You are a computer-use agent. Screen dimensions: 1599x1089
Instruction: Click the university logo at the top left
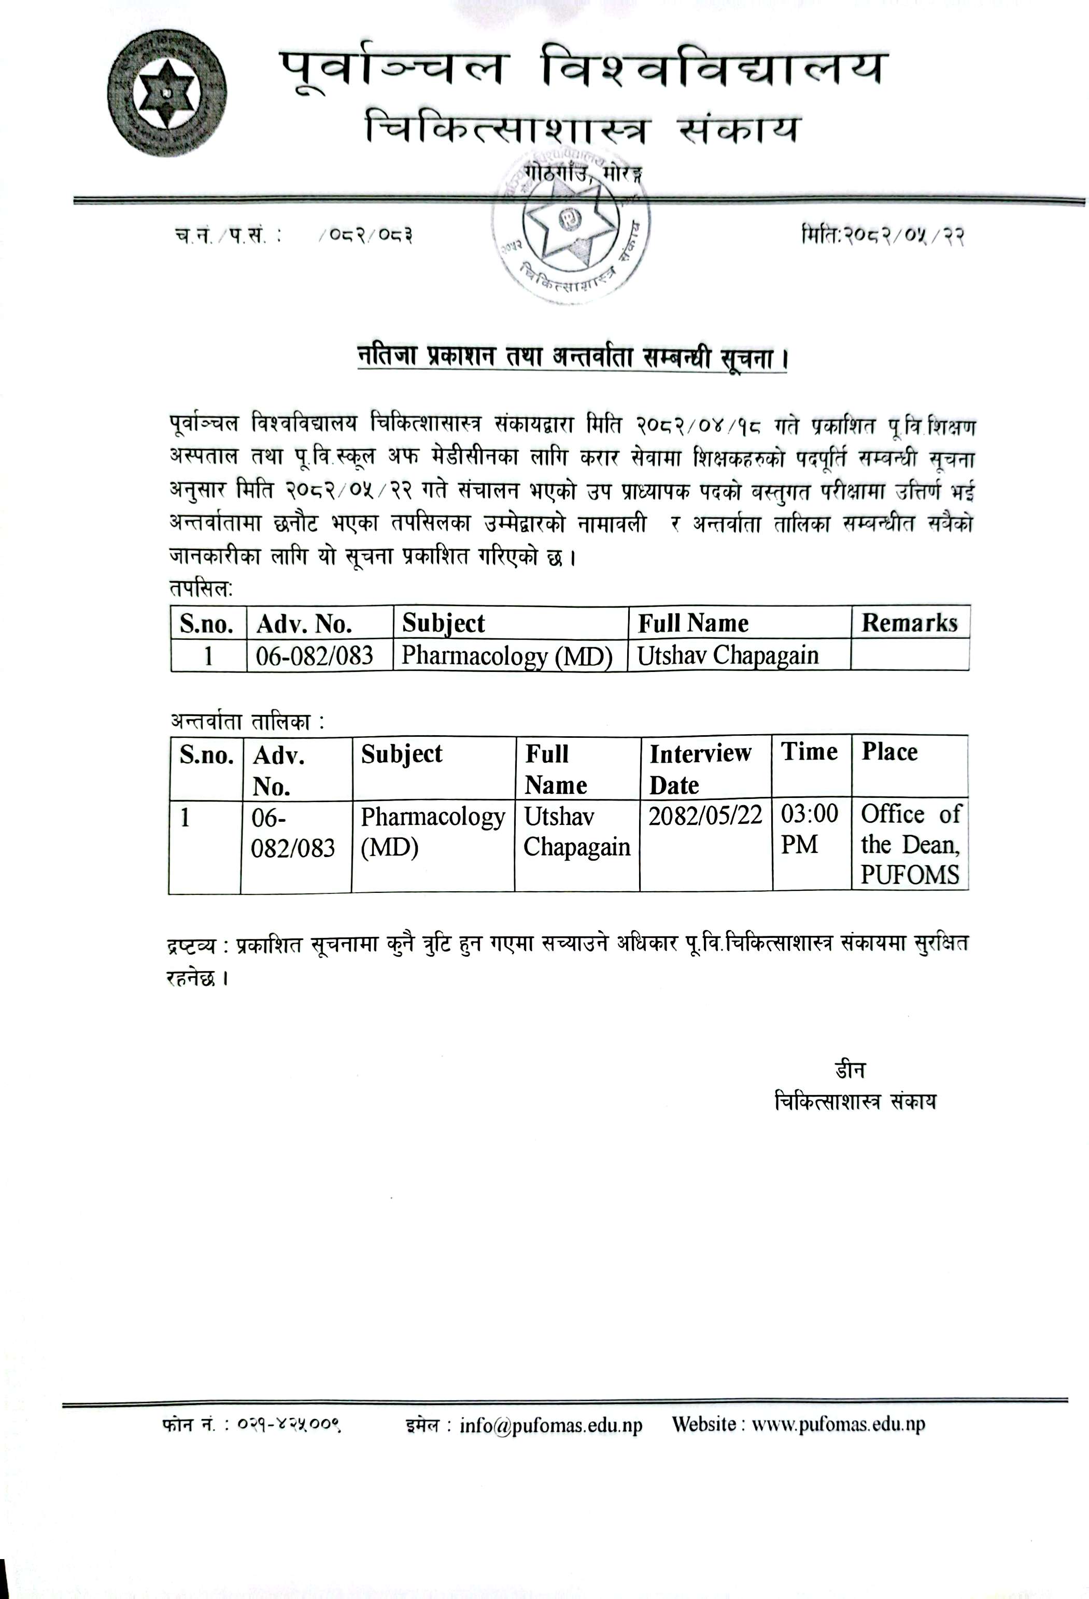click(x=167, y=92)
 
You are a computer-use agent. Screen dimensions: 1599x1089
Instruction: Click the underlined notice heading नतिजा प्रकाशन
click(x=571, y=357)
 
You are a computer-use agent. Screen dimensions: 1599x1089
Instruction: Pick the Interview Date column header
click(x=700, y=768)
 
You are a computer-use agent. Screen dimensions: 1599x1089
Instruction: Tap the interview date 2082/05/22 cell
click(x=705, y=816)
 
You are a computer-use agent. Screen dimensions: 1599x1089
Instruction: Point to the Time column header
click(x=809, y=752)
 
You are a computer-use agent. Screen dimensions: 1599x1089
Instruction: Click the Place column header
click(x=889, y=752)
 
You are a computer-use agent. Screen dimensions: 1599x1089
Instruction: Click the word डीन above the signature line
click(x=850, y=1070)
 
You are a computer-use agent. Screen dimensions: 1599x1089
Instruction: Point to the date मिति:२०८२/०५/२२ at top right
click(x=883, y=236)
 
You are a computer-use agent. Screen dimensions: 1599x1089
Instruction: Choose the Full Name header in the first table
click(x=693, y=623)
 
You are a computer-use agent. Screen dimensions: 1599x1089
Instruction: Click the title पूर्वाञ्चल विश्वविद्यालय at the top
click(x=583, y=69)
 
